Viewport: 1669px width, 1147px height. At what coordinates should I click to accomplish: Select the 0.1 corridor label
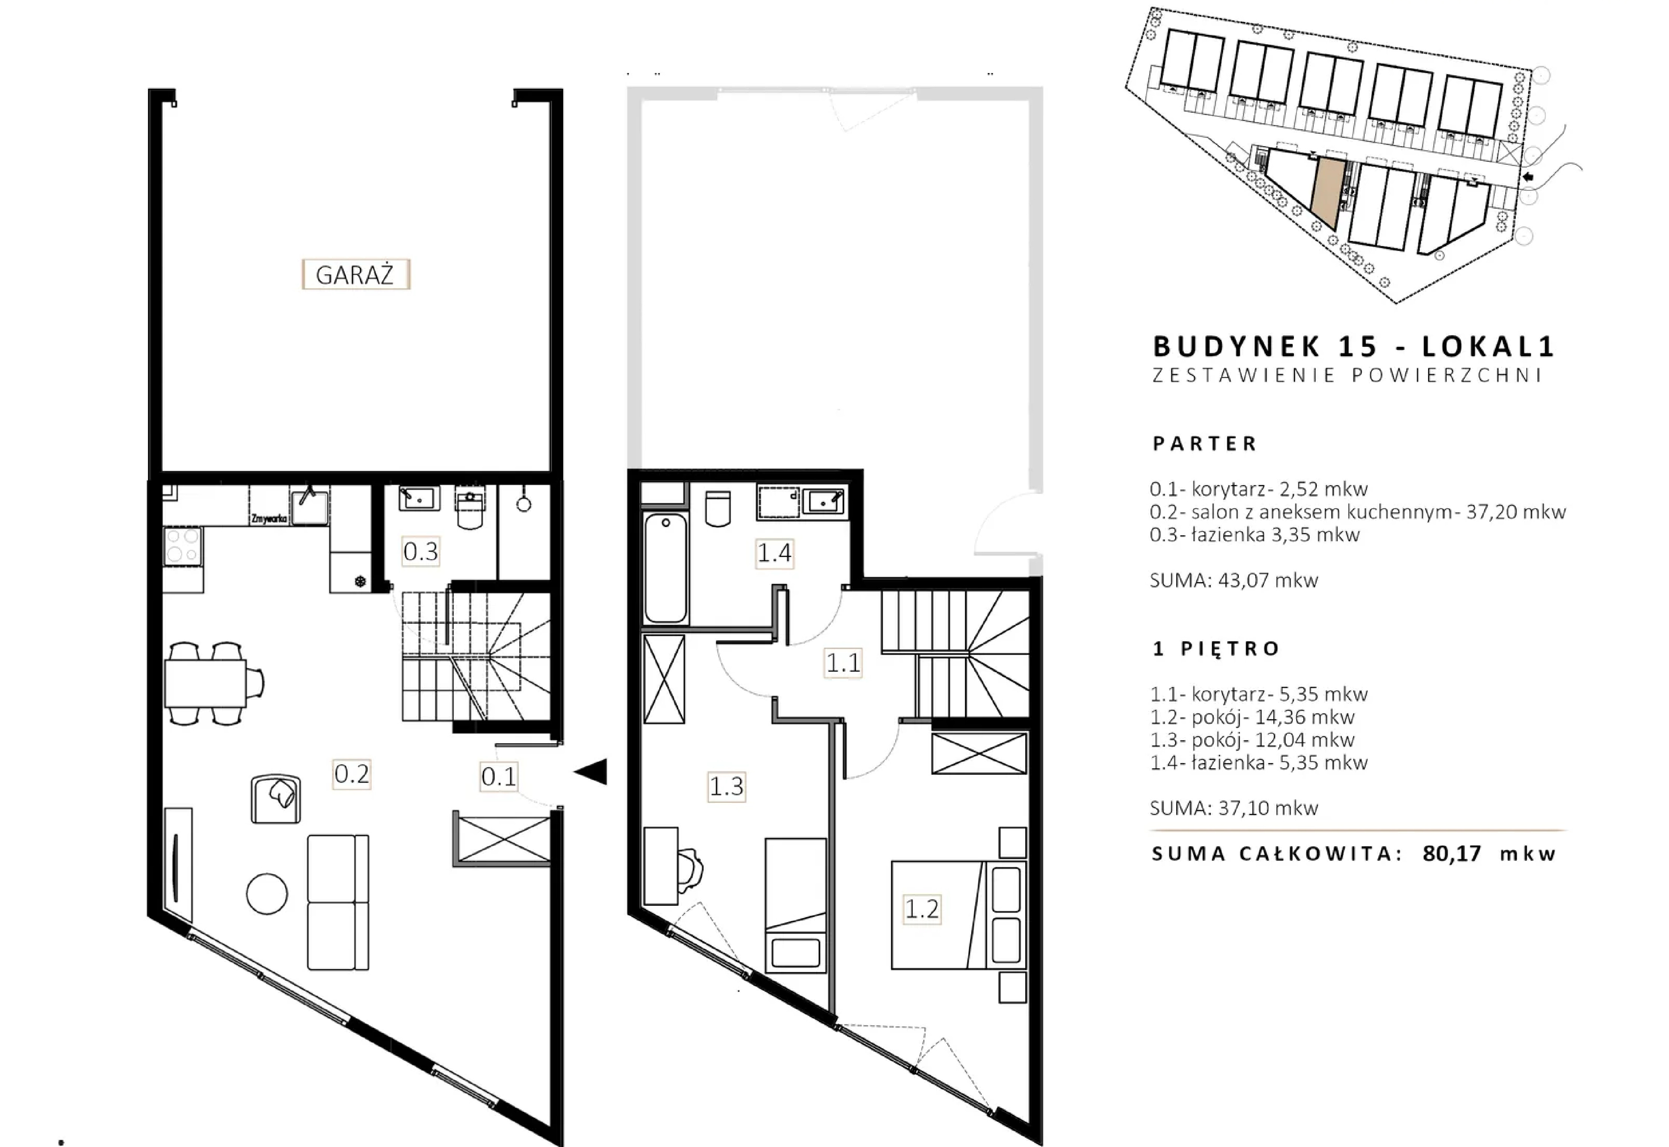499,776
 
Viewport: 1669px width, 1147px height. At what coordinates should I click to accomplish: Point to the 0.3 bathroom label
420,551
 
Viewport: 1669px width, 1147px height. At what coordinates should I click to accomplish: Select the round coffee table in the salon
267,893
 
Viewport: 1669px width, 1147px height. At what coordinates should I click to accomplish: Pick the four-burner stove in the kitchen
182,545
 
